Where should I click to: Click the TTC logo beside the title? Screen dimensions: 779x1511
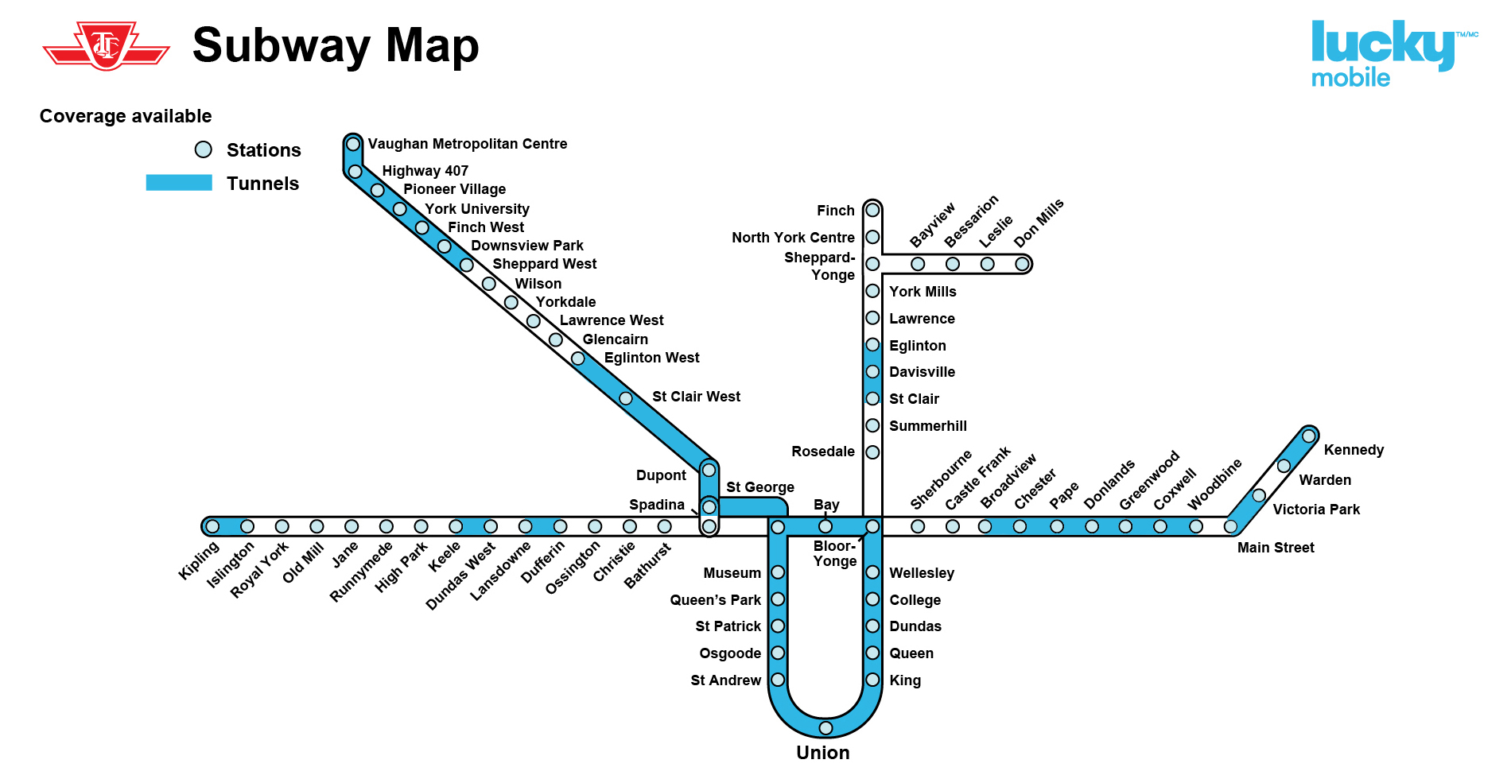coord(106,46)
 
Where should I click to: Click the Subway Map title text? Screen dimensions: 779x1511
coord(336,45)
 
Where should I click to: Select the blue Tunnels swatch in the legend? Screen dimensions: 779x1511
coord(179,183)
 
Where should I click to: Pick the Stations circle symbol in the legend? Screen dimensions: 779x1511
coord(204,149)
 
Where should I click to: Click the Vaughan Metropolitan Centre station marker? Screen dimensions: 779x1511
coord(353,144)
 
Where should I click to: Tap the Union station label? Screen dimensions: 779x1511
coord(823,753)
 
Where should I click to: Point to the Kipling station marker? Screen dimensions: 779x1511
coord(212,526)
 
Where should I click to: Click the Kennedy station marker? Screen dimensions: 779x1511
coord(1309,436)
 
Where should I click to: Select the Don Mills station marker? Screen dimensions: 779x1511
coord(1022,264)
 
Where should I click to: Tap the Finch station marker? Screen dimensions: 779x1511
coord(872,210)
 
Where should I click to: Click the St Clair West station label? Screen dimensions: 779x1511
coord(696,397)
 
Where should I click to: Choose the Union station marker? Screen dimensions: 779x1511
coord(825,728)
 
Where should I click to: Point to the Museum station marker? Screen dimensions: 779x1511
coord(778,572)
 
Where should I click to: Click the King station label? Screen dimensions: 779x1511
coord(905,680)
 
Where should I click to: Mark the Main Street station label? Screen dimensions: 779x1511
coord(1276,548)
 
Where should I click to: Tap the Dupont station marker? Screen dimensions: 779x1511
coord(709,471)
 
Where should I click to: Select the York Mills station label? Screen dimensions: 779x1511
coord(923,292)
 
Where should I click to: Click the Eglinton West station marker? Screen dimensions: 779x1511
coord(578,358)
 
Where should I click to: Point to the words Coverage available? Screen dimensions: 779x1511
coord(126,116)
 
